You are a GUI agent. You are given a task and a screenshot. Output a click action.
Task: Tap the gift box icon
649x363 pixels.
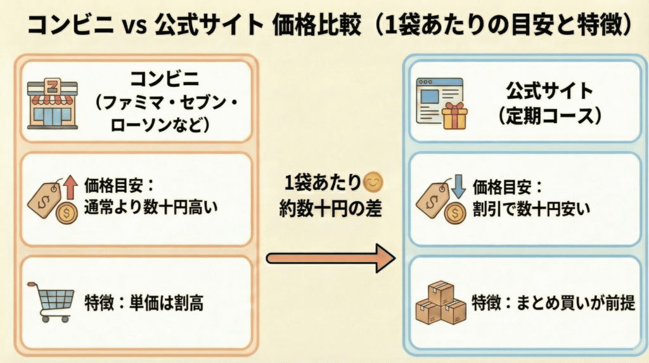coord(454,116)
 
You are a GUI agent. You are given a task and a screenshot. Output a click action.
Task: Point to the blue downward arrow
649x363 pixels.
coord(459,184)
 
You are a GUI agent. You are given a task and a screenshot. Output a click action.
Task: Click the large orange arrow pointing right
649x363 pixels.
coord(330,258)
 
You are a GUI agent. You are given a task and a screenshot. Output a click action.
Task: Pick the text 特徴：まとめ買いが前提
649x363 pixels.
coord(551,303)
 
